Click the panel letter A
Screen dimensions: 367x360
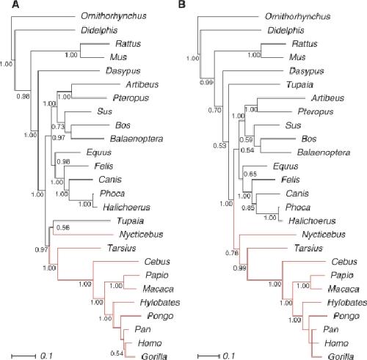pyautogui.click(x=15, y=4)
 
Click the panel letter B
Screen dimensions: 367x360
pyautogui.click(x=182, y=4)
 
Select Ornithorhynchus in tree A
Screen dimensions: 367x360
pyautogui.click(x=114, y=16)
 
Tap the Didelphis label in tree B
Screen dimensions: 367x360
pyautogui.click(x=286, y=30)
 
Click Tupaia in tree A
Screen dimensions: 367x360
pyautogui.click(x=130, y=221)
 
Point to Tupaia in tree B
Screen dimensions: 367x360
pyautogui.click(x=299, y=85)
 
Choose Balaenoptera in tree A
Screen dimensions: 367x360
pyautogui.click(x=137, y=139)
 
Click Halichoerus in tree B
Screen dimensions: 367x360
pyautogui.click(x=312, y=221)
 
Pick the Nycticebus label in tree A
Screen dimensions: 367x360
pyautogui.click(x=141, y=235)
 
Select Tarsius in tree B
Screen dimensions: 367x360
pyautogui.click(x=308, y=249)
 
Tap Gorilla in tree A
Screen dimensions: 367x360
pyautogui.click(x=154, y=356)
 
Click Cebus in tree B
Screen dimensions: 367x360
pyautogui.click(x=344, y=262)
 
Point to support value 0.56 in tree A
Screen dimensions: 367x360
pyautogui.click(x=63, y=228)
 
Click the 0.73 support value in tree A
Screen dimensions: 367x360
pyautogui.click(x=58, y=127)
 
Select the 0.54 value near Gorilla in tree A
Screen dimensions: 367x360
pyautogui.click(x=117, y=353)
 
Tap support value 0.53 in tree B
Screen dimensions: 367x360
pyautogui.click(x=219, y=146)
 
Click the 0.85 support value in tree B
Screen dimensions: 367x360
pyautogui.click(x=248, y=208)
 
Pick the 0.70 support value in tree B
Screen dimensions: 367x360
pyautogui.click(x=214, y=111)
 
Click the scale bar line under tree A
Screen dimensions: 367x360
pyautogui.click(x=23, y=356)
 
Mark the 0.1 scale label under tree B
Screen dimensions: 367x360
pyautogui.click(x=229, y=356)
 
